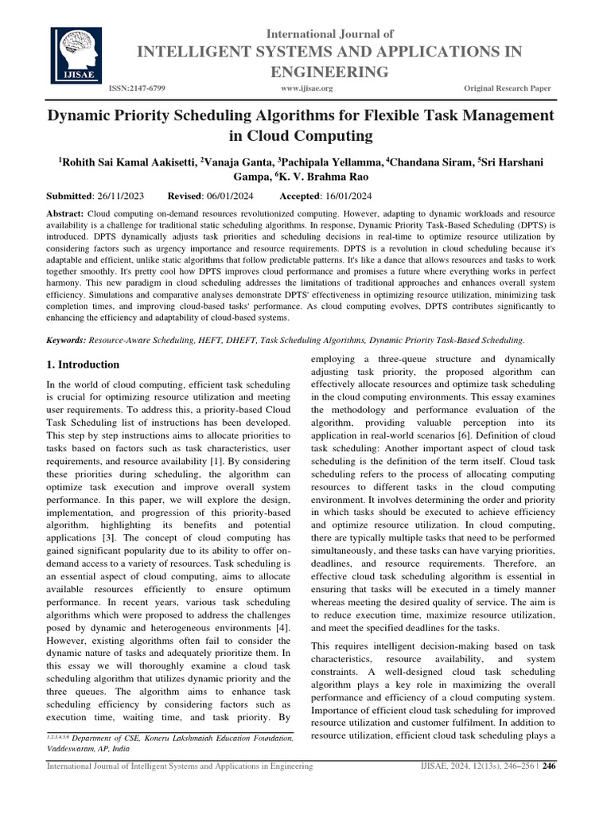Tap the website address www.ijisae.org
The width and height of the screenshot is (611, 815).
[x=306, y=88]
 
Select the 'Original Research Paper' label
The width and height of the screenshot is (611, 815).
[x=507, y=88]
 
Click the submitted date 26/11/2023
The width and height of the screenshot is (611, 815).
[x=137, y=197]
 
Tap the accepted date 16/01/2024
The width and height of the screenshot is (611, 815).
[x=352, y=197]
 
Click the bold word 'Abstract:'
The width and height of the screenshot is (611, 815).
[x=66, y=215]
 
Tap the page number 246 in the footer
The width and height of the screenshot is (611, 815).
[x=548, y=766]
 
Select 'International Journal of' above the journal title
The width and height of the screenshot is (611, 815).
[x=329, y=33]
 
